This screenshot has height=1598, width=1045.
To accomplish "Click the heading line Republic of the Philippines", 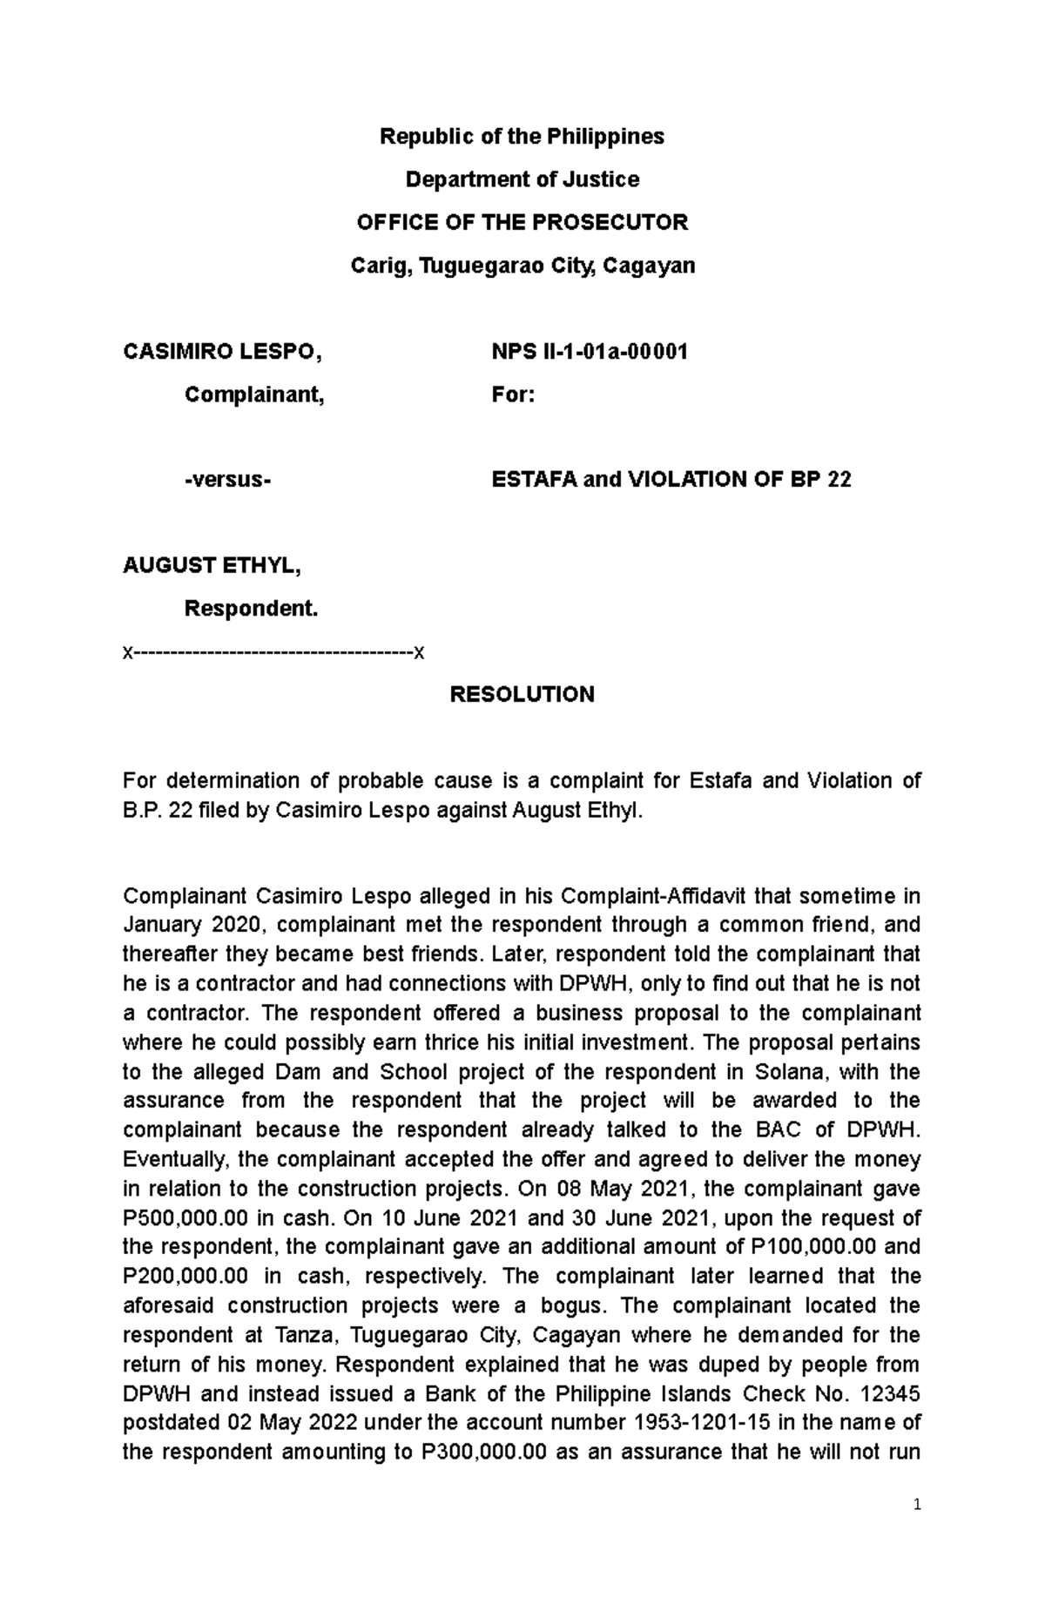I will click(x=522, y=137).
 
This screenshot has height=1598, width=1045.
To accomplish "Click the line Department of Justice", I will click(x=522, y=179).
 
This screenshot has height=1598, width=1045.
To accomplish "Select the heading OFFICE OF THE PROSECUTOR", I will click(x=522, y=222).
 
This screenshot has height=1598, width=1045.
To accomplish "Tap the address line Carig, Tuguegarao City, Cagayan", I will click(x=522, y=265).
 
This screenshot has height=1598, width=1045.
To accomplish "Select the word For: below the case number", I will click(x=513, y=394).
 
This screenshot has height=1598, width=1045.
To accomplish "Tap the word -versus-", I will click(x=227, y=479).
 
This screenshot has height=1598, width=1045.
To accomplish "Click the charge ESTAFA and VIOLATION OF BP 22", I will click(x=671, y=479).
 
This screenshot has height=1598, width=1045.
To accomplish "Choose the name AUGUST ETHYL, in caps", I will click(x=212, y=565).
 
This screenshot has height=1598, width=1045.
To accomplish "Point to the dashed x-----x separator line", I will click(x=273, y=652).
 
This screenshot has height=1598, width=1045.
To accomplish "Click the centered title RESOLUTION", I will click(x=522, y=694).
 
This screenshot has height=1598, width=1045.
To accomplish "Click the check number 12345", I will click(x=888, y=1393).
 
